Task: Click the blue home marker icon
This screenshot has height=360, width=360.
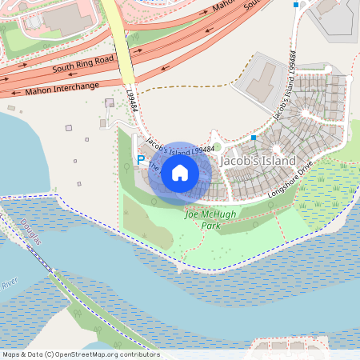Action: point(180,173)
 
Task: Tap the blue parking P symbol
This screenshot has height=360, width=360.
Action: point(141,160)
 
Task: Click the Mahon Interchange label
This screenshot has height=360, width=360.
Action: point(62,86)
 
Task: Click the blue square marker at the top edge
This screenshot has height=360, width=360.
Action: point(296,5)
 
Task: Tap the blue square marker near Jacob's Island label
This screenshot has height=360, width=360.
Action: point(254,138)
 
